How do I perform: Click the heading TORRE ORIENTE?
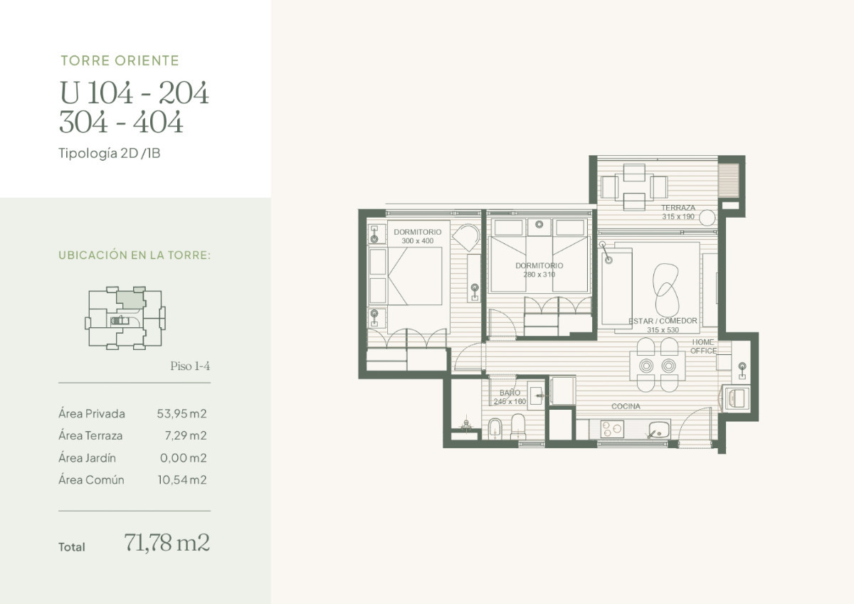(120, 60)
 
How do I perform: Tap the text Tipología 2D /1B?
(110, 153)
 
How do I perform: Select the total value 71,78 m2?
(167, 543)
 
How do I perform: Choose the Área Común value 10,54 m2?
(182, 480)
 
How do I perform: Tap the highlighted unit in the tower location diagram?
(129, 300)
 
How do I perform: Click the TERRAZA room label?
(678, 208)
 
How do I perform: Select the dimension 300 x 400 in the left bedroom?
(417, 241)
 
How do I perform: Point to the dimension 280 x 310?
(539, 274)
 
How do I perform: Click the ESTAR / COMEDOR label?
(663, 321)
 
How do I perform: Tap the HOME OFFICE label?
(703, 346)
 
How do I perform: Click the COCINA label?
(626, 406)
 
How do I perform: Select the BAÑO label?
(510, 393)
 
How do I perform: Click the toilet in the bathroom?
(517, 428)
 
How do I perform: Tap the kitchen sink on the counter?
(658, 429)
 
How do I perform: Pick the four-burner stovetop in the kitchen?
(612, 429)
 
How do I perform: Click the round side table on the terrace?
(707, 217)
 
